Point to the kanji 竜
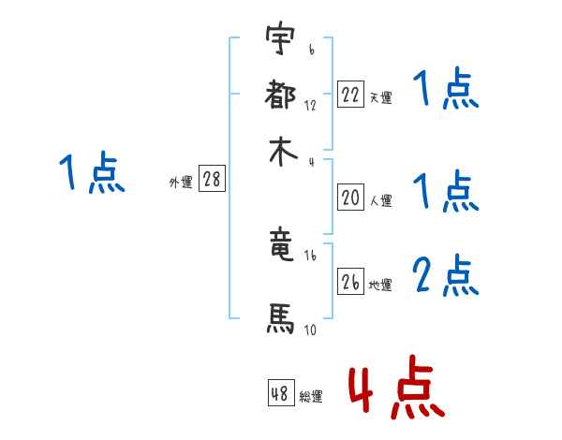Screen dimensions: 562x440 point(281,245)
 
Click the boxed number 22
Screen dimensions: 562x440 point(350,95)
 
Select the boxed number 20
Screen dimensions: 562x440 point(350,198)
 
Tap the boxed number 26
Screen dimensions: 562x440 point(350,282)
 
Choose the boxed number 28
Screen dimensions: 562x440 point(212,180)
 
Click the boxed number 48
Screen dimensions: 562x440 point(280,393)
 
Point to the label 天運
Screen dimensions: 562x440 point(380,97)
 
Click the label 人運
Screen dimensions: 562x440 point(380,200)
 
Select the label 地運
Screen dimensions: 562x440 point(380,285)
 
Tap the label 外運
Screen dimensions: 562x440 point(181,183)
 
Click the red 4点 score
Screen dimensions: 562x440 point(394,386)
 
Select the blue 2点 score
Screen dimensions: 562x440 point(446,275)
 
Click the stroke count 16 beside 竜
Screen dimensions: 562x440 point(310,255)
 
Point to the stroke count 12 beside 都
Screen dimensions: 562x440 point(310,106)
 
